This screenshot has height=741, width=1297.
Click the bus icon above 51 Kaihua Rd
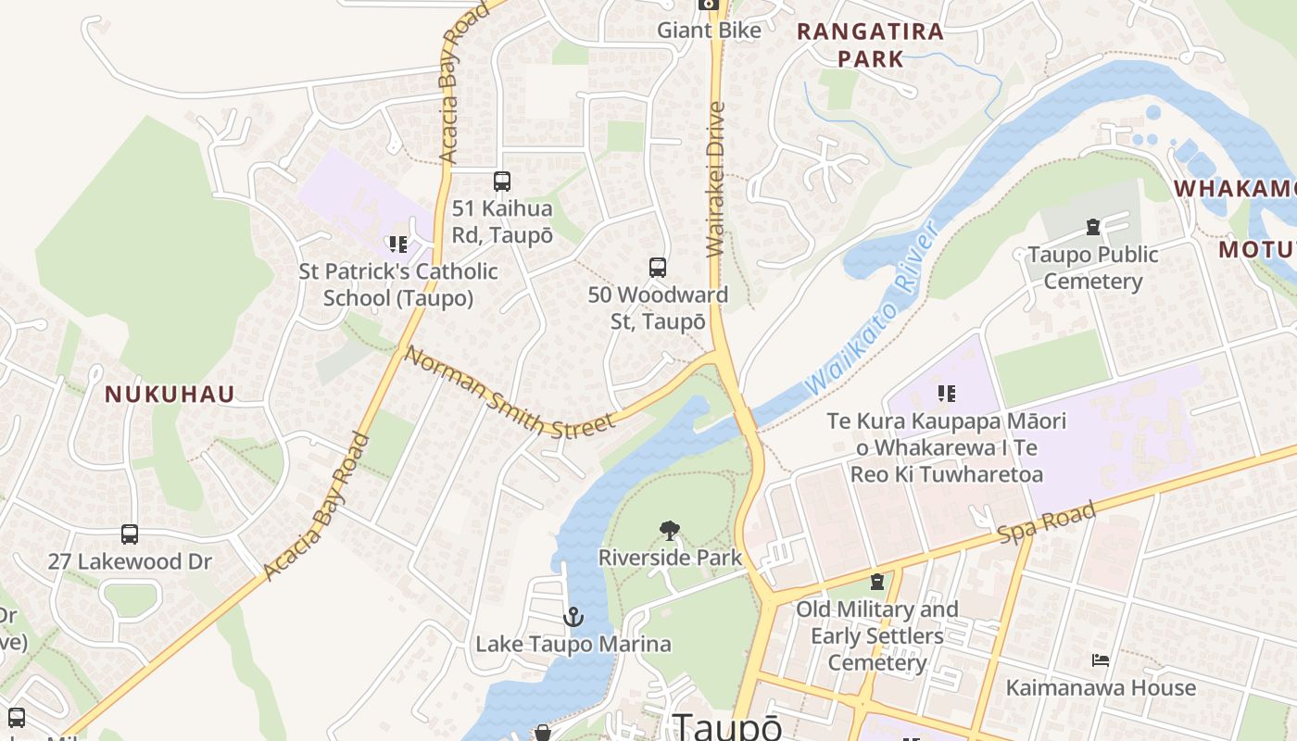coord(501,182)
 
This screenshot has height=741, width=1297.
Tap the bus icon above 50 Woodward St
coord(658,268)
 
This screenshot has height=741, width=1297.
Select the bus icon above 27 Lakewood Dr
coord(130,534)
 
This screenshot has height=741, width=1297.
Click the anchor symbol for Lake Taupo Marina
coord(573,616)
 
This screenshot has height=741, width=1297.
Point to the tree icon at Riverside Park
coord(669,531)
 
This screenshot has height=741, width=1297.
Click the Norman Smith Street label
coord(509,393)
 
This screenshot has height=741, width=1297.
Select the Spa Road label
coord(1047,522)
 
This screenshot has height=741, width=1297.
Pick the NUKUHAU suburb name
coord(170,395)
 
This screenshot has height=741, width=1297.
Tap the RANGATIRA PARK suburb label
coord(870,44)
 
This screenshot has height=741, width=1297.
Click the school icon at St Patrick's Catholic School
coord(398,245)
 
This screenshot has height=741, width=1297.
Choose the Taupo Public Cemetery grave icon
coord(1093,227)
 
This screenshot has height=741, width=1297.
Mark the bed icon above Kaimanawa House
coord(1101,660)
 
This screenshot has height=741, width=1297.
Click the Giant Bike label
coord(709,31)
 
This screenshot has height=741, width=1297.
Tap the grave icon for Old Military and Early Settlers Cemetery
coord(876,583)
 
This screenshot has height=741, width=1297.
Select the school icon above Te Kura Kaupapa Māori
coord(946,394)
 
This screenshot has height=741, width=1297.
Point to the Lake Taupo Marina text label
coord(573,644)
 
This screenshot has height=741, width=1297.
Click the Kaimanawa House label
coord(1101,688)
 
